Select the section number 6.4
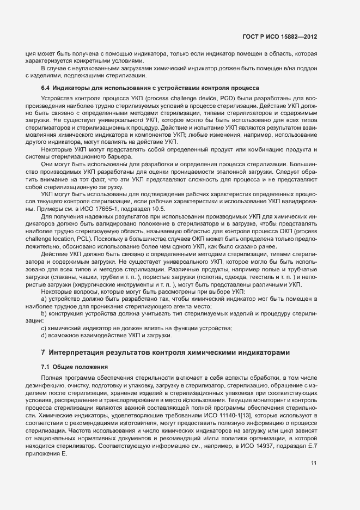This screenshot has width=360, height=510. point(46,88)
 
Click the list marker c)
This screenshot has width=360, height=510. point(44,327)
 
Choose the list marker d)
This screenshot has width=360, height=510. point(44,335)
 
